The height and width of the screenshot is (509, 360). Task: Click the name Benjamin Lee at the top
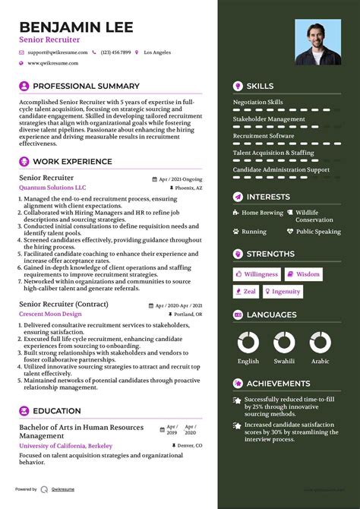pyautogui.click(x=76, y=28)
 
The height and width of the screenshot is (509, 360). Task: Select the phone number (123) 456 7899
pyautogui.click(x=115, y=52)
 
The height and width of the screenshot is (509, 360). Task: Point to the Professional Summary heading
pyautogui.click(x=86, y=86)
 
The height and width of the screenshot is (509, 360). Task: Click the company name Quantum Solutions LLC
pyautogui.click(x=52, y=187)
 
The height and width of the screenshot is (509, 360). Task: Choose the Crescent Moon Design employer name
pyautogui.click(x=51, y=314)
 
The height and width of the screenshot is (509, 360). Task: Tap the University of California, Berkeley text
pyautogui.click(x=65, y=446)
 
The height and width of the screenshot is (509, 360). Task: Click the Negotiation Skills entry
pyautogui.click(x=257, y=102)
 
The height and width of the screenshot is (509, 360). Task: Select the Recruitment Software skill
pyautogui.click(x=263, y=136)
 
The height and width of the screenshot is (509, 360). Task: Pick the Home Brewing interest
pyautogui.click(x=262, y=213)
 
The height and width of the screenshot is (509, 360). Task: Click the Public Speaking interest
pyautogui.click(x=318, y=232)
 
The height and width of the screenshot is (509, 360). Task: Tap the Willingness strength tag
pyautogui.click(x=257, y=274)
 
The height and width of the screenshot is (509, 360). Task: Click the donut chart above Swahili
pyautogui.click(x=284, y=342)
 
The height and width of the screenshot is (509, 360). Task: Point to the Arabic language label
pyautogui.click(x=320, y=362)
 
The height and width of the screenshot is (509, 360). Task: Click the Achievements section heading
pyautogui.click(x=278, y=384)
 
